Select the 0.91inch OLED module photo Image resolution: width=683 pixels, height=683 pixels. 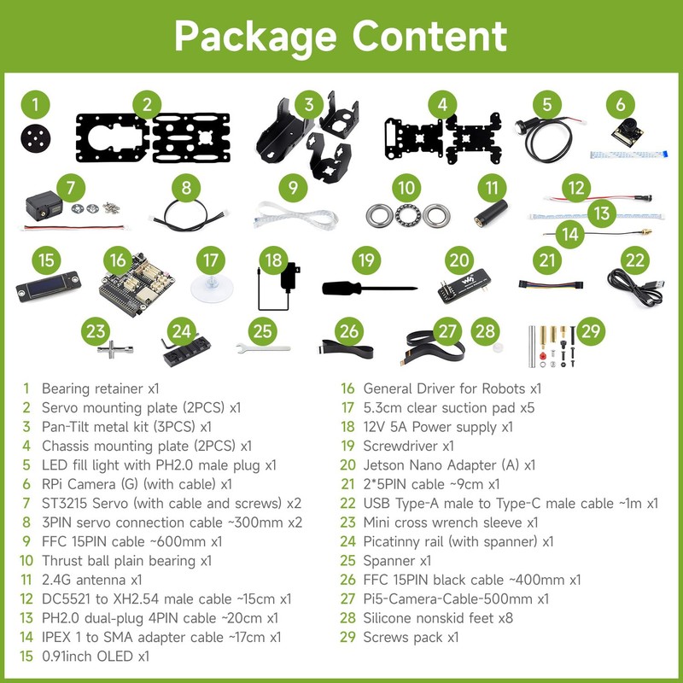48,289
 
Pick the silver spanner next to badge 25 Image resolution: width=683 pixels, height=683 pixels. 263,347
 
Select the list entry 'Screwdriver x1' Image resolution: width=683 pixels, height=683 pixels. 408,446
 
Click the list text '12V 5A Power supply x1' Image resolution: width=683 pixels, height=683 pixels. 438,426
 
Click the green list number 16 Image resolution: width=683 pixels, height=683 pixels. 347,388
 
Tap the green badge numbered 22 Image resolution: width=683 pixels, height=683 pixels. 634,260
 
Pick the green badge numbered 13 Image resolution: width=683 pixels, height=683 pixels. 602,212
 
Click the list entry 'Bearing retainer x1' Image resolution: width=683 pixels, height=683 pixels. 100,388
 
